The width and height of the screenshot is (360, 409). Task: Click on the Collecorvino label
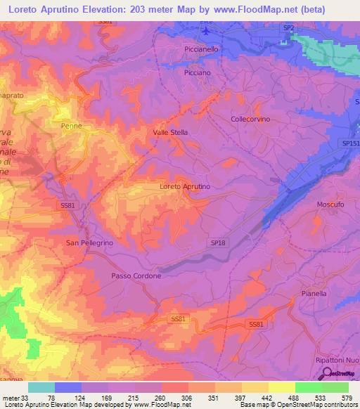point(251,119)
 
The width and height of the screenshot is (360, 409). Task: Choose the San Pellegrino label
point(89,242)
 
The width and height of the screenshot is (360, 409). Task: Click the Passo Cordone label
point(136,276)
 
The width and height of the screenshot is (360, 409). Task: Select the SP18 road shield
point(218,241)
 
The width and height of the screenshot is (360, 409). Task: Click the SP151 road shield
point(350,143)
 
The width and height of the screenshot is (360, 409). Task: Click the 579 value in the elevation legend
point(345,398)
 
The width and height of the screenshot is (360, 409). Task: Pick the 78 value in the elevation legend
point(52,398)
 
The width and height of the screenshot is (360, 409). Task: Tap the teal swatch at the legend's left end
point(41,387)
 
